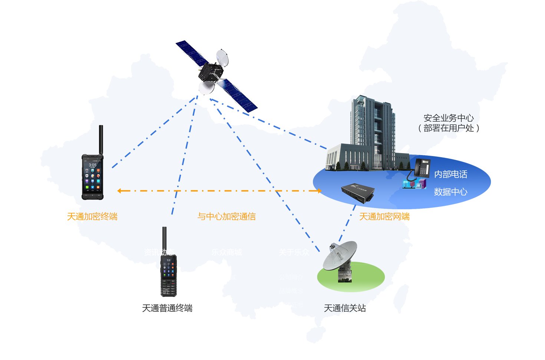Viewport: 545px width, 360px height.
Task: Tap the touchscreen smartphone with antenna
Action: click(x=93, y=174)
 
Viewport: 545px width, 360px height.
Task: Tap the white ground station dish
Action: click(x=340, y=256)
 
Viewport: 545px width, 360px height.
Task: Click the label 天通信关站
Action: click(x=345, y=308)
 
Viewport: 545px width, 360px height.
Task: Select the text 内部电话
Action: click(x=450, y=174)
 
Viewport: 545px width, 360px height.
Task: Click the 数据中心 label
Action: click(x=450, y=192)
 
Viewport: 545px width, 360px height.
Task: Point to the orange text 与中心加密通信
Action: click(x=227, y=217)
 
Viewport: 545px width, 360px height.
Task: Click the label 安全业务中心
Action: click(x=449, y=118)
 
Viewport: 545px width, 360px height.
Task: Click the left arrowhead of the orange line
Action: click(x=119, y=191)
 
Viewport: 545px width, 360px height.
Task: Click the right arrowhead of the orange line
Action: click(x=319, y=191)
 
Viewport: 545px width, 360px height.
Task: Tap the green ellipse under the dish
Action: click(x=367, y=276)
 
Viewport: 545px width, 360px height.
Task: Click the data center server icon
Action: click(x=414, y=184)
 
